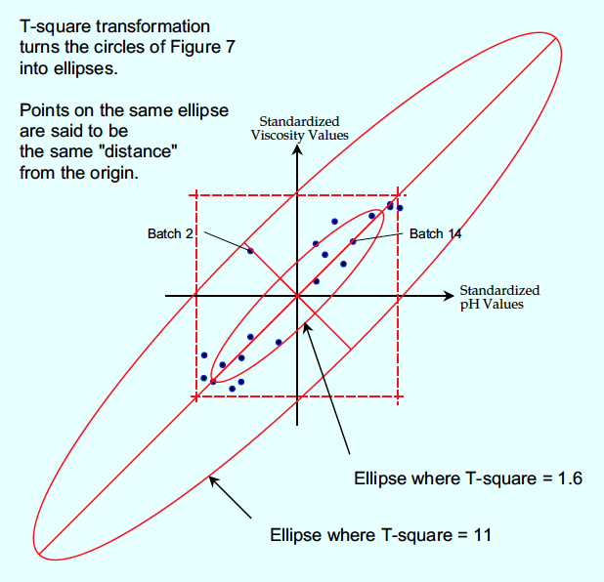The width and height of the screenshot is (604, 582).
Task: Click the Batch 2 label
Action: coord(170,233)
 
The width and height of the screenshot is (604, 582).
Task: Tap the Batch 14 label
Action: coord(435,233)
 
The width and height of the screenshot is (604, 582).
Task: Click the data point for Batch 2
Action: coord(250,251)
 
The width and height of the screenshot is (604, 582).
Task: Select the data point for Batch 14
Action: coord(353,241)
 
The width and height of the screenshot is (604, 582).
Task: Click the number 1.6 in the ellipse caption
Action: coord(570,478)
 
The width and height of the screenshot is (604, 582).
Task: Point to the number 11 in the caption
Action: coord(482,535)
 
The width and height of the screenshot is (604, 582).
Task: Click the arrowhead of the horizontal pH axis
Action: coord(449,296)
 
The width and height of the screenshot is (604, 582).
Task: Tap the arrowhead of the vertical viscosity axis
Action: coord(297,149)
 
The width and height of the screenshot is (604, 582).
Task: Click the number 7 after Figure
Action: coord(230,47)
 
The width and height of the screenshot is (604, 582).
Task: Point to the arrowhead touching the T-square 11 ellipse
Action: coord(213,480)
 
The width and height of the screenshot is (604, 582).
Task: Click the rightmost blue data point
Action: coord(400,208)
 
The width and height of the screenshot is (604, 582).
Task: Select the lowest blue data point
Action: coord(232,389)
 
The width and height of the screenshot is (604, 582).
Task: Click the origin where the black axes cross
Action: coord(297,296)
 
